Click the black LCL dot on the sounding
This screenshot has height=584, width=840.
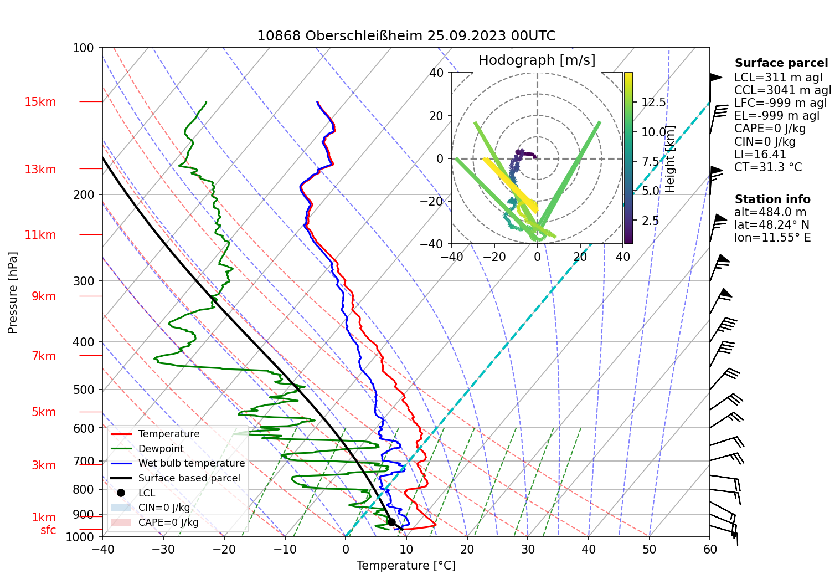391,522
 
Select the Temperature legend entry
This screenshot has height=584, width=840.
168,434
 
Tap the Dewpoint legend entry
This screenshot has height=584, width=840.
161,449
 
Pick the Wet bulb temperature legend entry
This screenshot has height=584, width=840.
191,463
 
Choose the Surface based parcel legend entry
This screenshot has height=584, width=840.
189,478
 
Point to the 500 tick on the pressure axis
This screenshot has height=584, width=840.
84,390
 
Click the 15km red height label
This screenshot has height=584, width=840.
40,102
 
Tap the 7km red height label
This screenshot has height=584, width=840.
44,356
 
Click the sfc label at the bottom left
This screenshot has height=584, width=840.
48,530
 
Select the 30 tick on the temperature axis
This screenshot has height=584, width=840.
528,549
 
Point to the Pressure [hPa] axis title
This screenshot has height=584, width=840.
13,293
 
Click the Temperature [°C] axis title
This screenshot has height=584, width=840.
406,566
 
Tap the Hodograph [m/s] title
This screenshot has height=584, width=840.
537,60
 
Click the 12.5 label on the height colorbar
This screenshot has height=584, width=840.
653,103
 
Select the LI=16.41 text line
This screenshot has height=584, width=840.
760,155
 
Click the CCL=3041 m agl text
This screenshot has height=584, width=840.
782,90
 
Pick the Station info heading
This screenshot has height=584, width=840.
772,199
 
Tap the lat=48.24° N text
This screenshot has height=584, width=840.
771,225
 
